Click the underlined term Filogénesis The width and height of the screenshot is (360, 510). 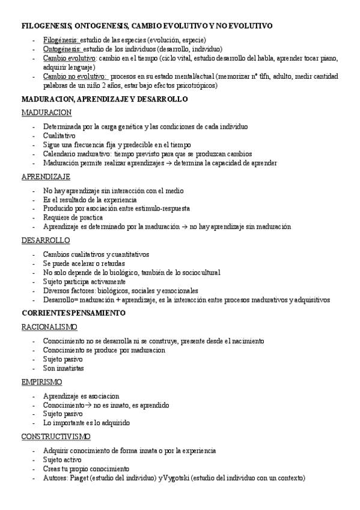[61, 39]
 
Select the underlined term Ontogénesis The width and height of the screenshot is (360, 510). [62, 49]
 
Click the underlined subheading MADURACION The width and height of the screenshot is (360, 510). [46, 112]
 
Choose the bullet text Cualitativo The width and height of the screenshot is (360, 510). [59, 136]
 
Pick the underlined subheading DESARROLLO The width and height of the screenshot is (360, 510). [46, 241]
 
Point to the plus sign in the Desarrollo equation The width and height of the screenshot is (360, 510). [115, 300]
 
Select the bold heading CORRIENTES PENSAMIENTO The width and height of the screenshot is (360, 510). [73, 313]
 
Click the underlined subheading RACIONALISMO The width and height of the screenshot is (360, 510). [49, 327]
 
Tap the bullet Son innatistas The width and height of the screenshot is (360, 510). [63, 368]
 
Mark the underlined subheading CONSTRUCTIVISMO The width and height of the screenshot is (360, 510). [56, 437]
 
